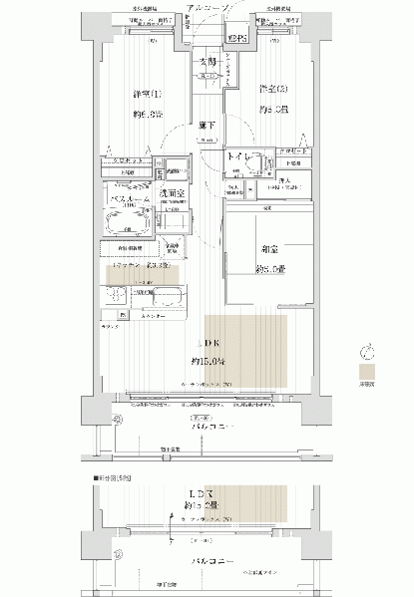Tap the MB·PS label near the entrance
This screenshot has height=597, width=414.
coord(235,39)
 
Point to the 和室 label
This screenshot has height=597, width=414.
coord(269,254)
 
